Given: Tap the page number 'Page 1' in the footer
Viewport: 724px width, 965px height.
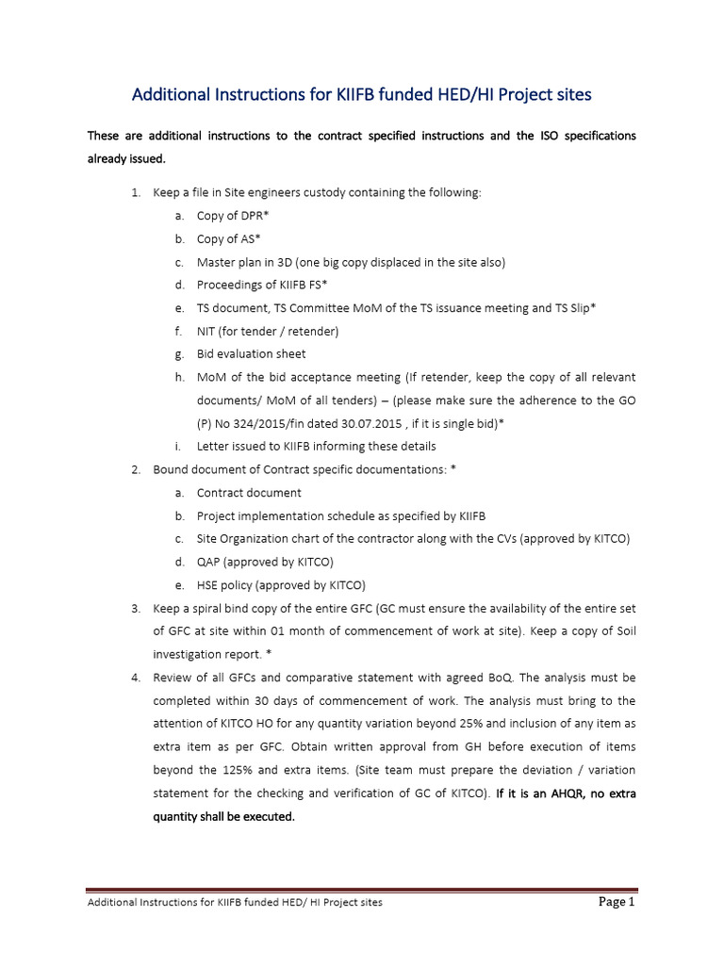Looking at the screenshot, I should (x=617, y=902).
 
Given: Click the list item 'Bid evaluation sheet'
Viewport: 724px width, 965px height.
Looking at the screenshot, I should (x=251, y=354).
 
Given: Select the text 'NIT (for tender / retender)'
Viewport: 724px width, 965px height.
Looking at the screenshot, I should (x=267, y=331).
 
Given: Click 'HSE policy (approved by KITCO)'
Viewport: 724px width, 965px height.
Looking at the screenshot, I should (x=281, y=585).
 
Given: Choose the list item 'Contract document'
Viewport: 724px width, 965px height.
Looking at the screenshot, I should (x=249, y=493).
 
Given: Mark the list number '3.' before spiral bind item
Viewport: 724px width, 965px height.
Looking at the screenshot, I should (x=136, y=609).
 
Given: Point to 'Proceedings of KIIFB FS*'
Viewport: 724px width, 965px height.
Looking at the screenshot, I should (x=262, y=285).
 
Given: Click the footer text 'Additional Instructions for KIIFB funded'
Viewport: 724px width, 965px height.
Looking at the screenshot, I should (x=189, y=903).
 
